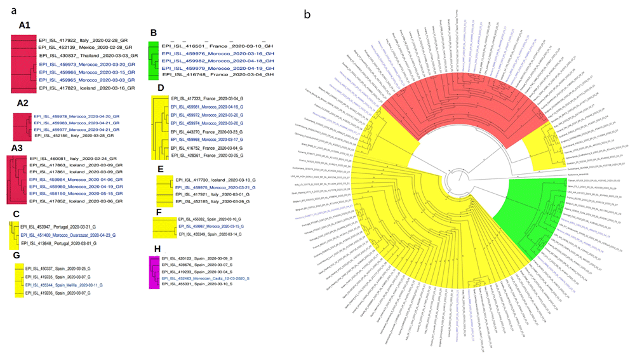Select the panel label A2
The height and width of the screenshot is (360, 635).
[x=23, y=103]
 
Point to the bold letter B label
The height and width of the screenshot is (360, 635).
[x=153, y=32]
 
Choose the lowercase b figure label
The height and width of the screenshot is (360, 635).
[x=308, y=13]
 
